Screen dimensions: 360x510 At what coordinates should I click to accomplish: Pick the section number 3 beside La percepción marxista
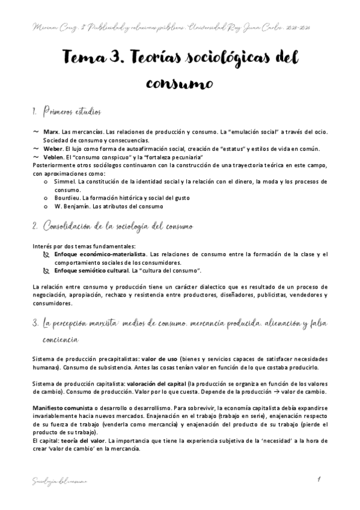point(35,324)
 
